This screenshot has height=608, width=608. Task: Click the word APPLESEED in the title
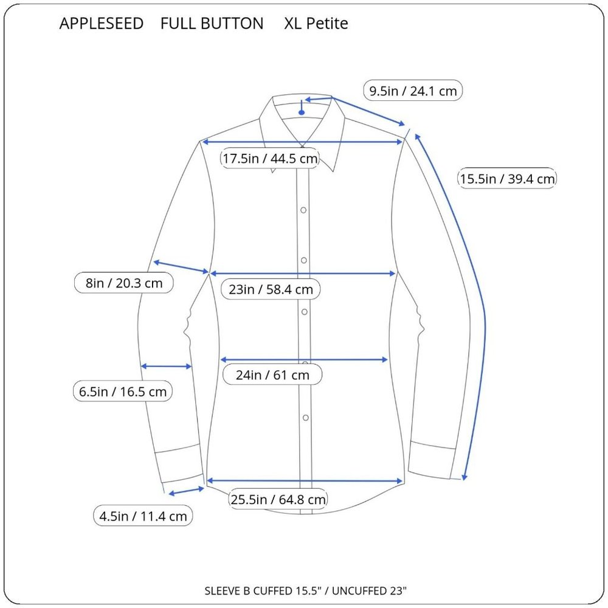tap(101, 24)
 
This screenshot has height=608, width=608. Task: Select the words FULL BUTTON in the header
tap(212, 24)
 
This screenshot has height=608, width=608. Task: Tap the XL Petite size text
tap(316, 24)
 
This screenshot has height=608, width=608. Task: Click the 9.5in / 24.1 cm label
tap(413, 91)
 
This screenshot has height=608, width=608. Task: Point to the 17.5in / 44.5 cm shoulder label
tap(270, 158)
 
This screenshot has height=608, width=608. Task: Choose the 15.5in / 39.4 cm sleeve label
tap(507, 178)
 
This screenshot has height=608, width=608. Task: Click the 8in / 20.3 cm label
tap(123, 283)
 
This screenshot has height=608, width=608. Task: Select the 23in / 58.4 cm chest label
tap(271, 289)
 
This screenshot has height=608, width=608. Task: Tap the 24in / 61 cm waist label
tap(272, 375)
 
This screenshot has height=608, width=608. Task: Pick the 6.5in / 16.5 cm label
tap(123, 391)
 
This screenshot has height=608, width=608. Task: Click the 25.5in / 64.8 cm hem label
tap(278, 499)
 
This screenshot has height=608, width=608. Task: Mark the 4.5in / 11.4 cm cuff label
tap(143, 516)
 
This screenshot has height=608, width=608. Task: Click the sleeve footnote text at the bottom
tap(306, 590)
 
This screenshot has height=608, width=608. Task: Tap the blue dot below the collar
tap(302, 112)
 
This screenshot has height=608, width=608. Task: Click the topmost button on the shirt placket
tap(303, 210)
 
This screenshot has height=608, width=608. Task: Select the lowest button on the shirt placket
tap(306, 418)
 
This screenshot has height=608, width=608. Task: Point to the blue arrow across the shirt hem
tap(305, 481)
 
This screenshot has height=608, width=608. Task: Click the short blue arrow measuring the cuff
tap(186, 491)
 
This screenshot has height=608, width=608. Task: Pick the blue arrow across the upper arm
tap(181, 268)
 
